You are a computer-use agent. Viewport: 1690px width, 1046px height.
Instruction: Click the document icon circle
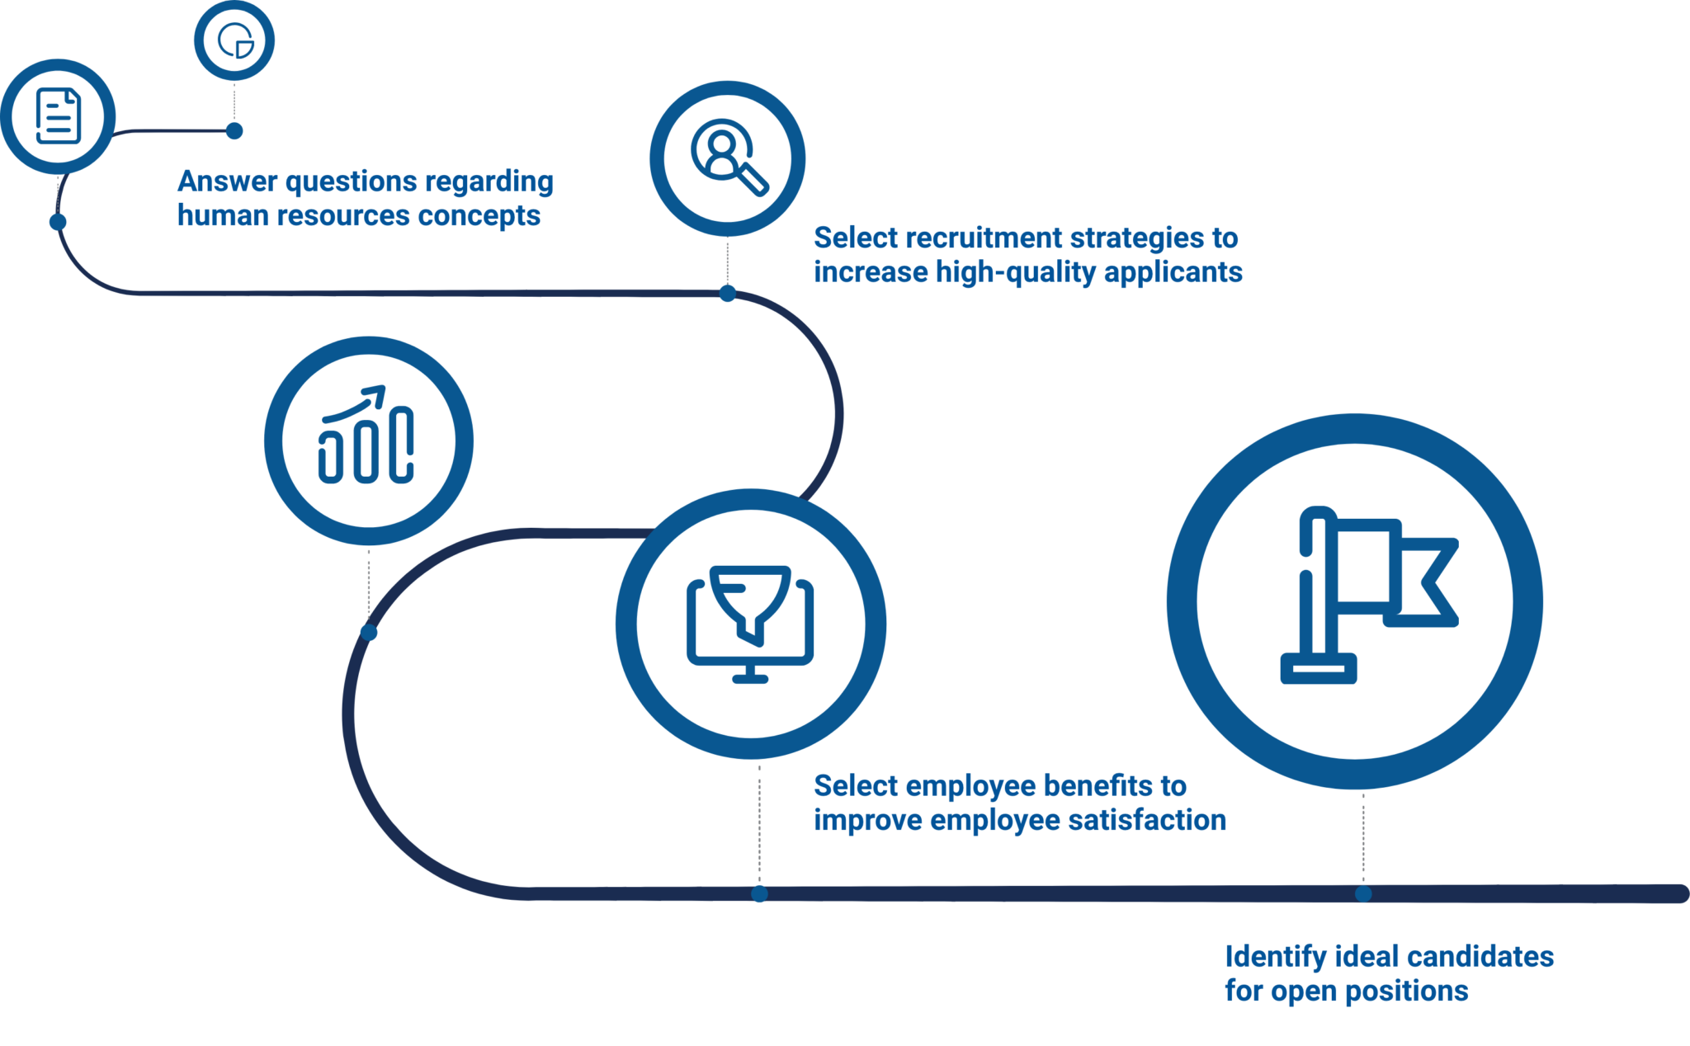58,115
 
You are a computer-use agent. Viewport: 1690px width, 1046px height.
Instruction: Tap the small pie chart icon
234,40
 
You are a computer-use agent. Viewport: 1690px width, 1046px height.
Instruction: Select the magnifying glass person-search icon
727,158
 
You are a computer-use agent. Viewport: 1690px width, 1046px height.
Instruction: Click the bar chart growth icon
368,440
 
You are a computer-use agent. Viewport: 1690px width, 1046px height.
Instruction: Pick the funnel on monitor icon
750,623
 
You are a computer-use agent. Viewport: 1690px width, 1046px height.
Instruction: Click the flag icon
1354,601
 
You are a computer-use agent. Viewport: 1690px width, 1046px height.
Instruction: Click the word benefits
1087,786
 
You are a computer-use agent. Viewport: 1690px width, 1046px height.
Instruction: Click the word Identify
1275,958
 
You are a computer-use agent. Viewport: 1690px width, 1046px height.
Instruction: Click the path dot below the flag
1363,893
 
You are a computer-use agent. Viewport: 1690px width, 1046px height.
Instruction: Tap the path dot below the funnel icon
759,893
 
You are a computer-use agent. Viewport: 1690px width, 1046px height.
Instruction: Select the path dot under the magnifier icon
727,294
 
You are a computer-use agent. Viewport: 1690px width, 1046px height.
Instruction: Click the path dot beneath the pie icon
234,131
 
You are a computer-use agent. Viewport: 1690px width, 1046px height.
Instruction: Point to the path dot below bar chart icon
369,633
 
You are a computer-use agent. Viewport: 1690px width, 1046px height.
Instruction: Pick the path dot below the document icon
58,222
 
